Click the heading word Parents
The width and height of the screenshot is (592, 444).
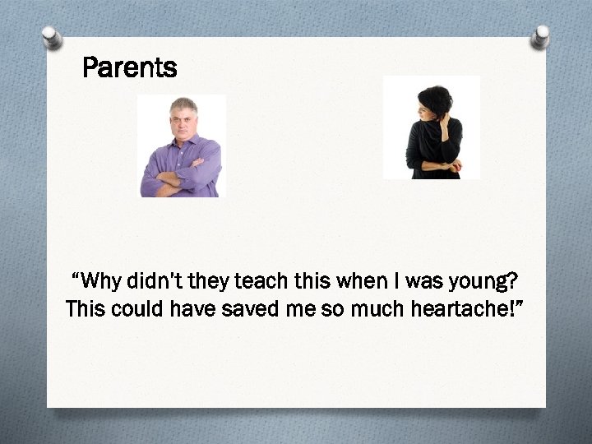[x=130, y=67]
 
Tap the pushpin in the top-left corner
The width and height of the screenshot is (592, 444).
[x=52, y=37]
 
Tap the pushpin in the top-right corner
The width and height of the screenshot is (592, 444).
[x=540, y=37]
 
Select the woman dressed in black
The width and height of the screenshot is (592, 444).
[x=433, y=132]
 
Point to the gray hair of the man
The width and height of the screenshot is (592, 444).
[x=183, y=104]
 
